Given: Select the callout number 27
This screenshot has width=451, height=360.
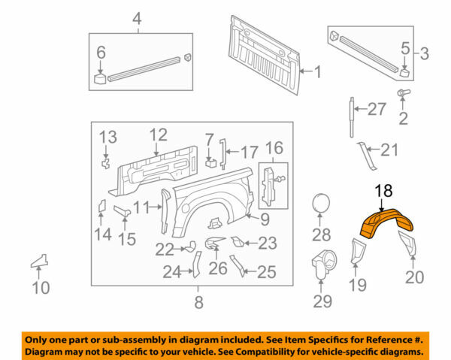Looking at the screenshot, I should pyautogui.click(x=377, y=110).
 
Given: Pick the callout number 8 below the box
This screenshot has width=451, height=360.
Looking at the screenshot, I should pyautogui.click(x=198, y=304).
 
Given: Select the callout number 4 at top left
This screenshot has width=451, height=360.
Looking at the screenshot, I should pyautogui.click(x=136, y=18).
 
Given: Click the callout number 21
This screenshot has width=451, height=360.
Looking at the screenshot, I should pyautogui.click(x=388, y=150).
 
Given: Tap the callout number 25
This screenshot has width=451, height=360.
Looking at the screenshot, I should pyautogui.click(x=265, y=272).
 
